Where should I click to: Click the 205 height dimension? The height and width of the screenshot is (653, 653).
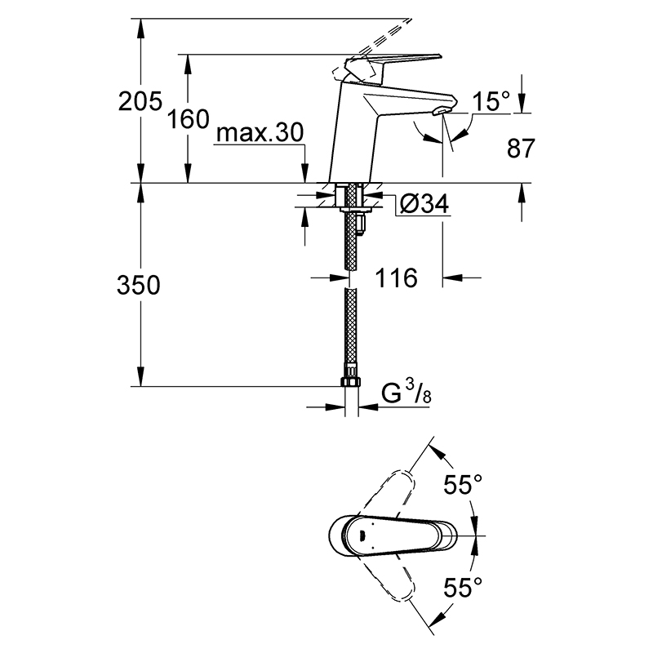(140, 101)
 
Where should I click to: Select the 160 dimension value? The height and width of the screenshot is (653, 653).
(188, 119)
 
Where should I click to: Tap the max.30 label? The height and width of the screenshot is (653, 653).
(260, 133)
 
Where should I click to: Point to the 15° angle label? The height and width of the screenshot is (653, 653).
(491, 101)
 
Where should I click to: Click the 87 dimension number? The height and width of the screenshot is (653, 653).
(521, 148)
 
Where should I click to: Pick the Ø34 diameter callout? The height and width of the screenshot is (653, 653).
(424, 203)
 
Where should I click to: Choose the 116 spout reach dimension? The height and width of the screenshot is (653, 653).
(396, 278)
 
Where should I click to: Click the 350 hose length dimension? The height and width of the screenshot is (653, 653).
(138, 286)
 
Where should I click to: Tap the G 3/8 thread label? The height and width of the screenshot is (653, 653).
(406, 393)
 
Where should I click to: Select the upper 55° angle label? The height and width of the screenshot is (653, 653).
(463, 484)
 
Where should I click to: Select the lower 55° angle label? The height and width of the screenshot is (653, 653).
(463, 587)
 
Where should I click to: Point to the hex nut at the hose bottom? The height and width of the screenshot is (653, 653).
(352, 382)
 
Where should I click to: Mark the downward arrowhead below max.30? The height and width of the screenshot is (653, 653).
(305, 174)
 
